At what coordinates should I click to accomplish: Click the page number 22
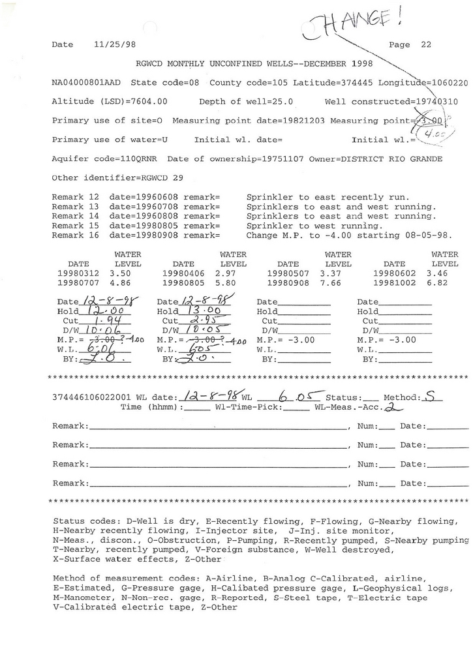click(x=426, y=45)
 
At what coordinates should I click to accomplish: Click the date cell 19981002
click(x=394, y=284)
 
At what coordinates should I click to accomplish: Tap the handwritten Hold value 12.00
click(x=102, y=312)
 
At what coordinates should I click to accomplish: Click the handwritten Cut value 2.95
click(x=196, y=322)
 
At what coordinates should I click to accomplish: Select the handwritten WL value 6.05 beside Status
click(x=291, y=396)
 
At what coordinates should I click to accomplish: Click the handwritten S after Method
click(x=428, y=395)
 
